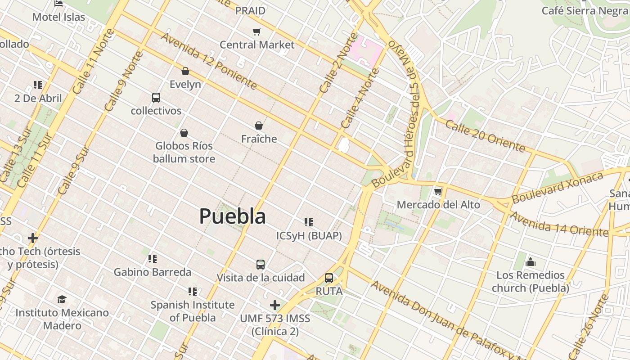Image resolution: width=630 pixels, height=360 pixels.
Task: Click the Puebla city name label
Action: (x=232, y=216)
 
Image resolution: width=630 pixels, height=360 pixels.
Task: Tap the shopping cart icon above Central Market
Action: (x=256, y=31)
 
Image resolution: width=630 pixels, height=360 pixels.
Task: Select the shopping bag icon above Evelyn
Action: (x=185, y=71)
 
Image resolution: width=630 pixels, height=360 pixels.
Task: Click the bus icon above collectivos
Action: (x=156, y=98)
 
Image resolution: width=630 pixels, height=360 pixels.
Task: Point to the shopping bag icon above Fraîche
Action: (x=259, y=126)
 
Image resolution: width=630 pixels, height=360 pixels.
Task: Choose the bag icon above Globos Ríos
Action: (x=184, y=133)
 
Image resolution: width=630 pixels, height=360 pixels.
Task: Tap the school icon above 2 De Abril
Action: (x=38, y=85)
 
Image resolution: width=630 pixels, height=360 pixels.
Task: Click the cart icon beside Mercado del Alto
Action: (x=438, y=192)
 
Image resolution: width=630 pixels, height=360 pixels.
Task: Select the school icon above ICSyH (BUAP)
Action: (x=308, y=222)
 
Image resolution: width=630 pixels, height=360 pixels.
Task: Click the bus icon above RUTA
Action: (x=329, y=278)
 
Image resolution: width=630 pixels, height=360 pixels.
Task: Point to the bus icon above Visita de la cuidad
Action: (x=261, y=264)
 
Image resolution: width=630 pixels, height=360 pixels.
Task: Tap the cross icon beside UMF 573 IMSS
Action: (x=274, y=305)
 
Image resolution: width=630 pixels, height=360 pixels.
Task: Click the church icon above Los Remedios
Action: (x=531, y=261)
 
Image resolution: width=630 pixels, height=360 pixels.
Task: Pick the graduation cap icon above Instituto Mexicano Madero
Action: (x=62, y=299)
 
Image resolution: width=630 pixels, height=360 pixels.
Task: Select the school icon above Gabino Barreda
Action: (x=153, y=259)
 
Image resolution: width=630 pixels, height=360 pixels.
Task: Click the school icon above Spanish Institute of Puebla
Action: (x=193, y=292)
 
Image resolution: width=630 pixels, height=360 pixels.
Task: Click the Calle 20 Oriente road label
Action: (x=485, y=135)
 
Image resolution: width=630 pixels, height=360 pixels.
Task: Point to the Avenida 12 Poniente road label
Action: (x=209, y=61)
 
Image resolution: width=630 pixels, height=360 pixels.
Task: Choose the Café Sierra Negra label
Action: (x=584, y=11)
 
